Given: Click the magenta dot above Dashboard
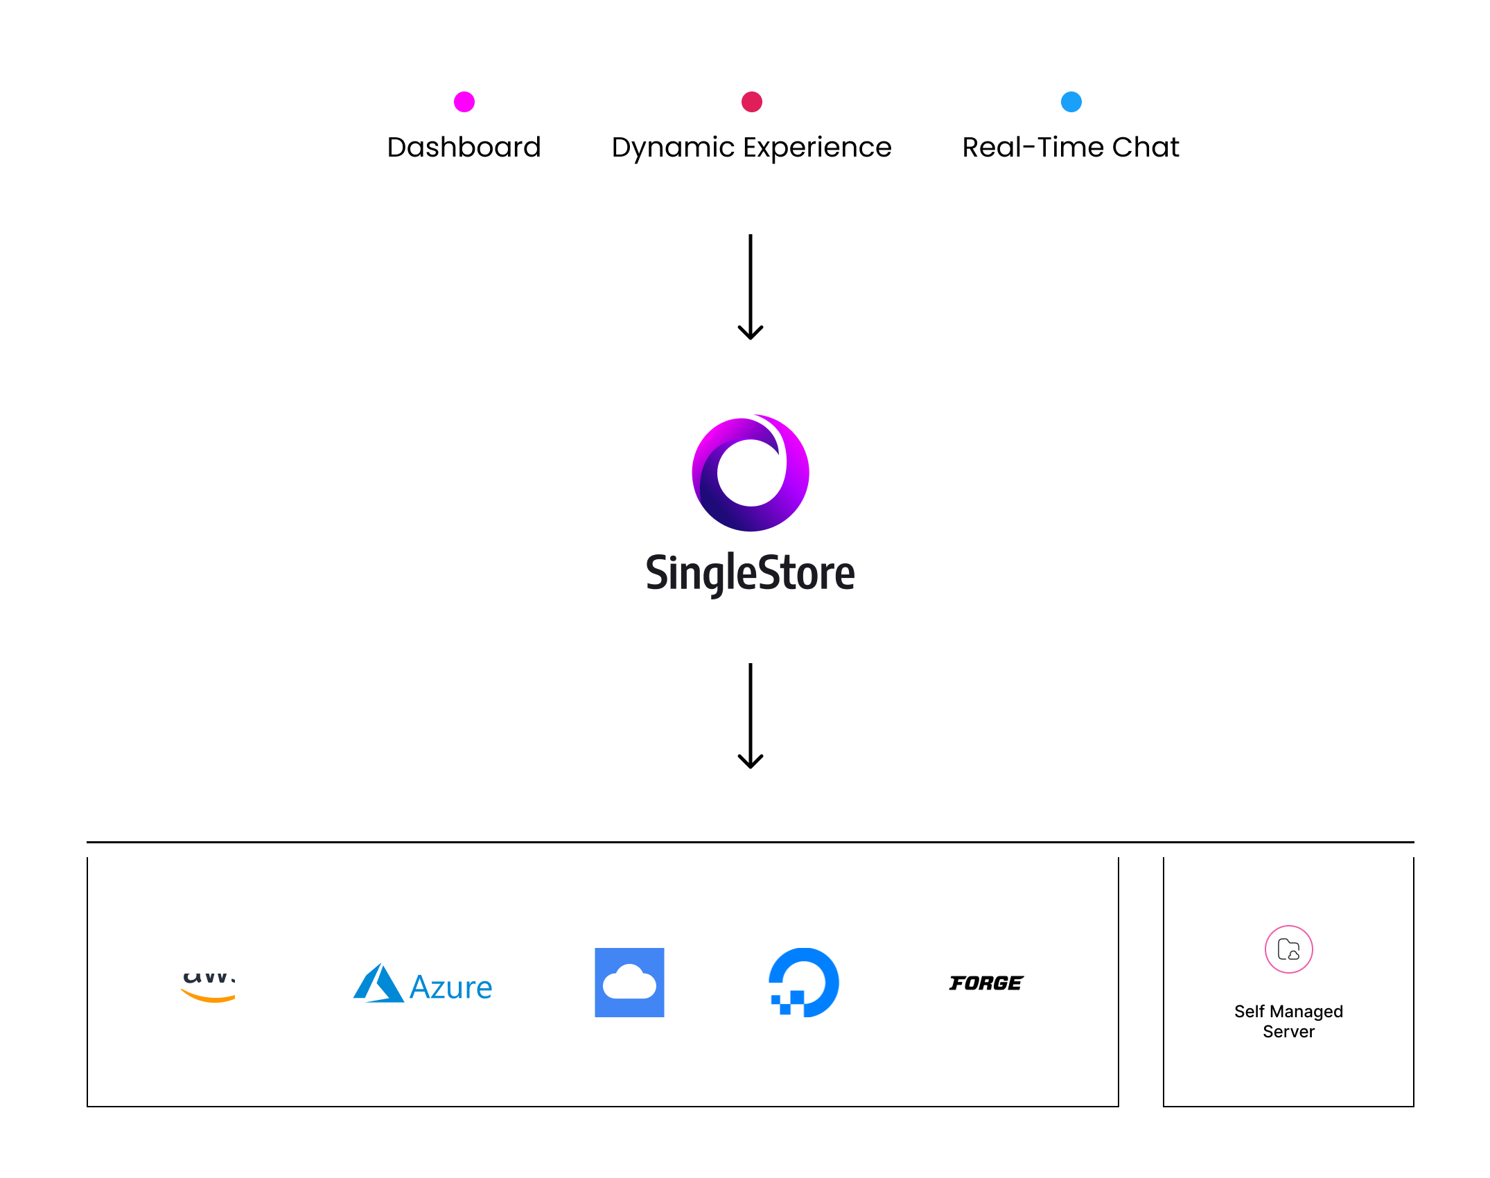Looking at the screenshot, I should click(464, 102).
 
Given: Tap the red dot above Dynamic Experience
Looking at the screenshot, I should click(752, 102).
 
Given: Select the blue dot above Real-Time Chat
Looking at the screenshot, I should click(1071, 102).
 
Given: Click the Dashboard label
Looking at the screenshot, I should click(464, 147).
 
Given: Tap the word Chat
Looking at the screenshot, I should click(1146, 147).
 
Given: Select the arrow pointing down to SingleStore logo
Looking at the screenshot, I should click(751, 287).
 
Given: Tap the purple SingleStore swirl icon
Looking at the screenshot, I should click(751, 473).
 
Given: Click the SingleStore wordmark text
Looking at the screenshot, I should click(751, 573).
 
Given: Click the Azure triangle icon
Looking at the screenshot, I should click(378, 983).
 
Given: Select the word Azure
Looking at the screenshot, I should click(451, 987).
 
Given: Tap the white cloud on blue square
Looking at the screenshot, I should click(629, 983).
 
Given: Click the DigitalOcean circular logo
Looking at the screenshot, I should click(804, 983).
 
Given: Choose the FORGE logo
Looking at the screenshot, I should click(986, 983).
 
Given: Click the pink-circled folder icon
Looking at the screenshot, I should click(1289, 949).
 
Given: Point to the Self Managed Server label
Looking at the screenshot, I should click(1289, 1021).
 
